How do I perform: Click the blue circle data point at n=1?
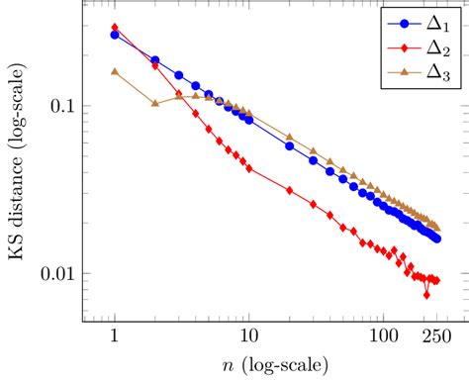(115, 35)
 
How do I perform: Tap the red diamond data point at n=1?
(115, 27)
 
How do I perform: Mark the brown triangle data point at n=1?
(115, 71)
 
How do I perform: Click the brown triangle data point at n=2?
(154, 103)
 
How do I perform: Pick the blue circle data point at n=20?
(288, 145)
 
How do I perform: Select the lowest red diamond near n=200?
(426, 294)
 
